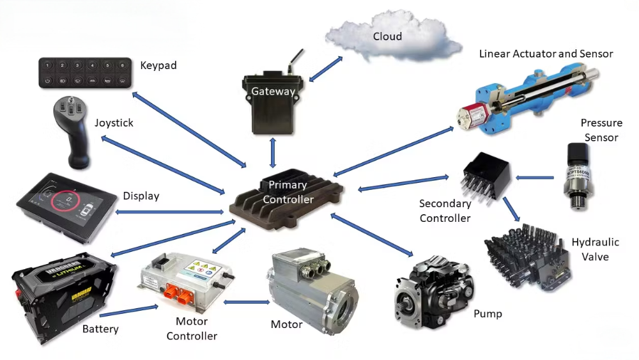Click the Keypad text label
pos(158,65)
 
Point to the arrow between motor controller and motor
pos(245,302)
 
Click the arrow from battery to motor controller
pos(128,311)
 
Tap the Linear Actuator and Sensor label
pos(546,54)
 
